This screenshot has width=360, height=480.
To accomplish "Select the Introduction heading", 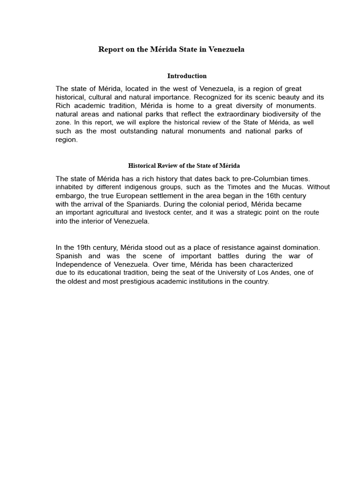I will pos(187,76).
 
